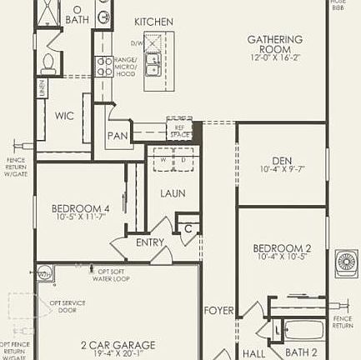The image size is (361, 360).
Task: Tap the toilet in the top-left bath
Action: click(48, 62)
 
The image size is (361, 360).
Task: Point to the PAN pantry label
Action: click(117, 136)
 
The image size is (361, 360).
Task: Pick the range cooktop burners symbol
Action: click(104, 67)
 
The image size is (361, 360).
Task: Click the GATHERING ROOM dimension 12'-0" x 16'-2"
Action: click(274, 58)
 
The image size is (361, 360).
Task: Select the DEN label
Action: click(282, 161)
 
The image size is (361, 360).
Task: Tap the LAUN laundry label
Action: click(173, 193)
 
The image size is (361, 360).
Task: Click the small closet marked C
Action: click(188, 227)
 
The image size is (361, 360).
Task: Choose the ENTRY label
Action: click(150, 242)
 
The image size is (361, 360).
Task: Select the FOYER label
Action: click(218, 311)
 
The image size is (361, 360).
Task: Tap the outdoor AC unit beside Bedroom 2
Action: click(345, 262)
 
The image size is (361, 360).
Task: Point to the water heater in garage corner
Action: click(44, 272)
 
